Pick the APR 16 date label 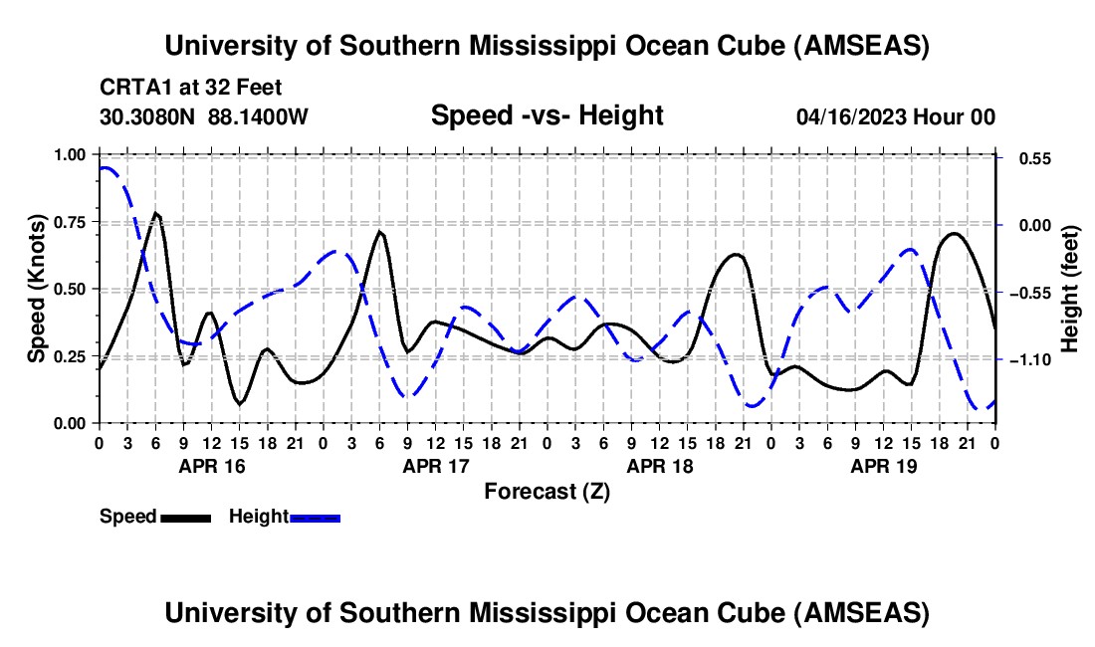pos(212,466)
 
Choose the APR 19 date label pos(884,466)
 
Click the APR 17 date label pos(436,466)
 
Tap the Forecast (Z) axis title pos(547,492)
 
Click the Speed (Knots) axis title pos(36,289)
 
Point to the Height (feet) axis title pos(1071,289)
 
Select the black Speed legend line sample pos(185,518)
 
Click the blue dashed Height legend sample pos(316,518)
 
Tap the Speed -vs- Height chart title pos(547,116)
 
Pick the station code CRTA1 pos(132,89)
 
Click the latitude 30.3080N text pos(148,117)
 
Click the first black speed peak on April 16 pos(156,213)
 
